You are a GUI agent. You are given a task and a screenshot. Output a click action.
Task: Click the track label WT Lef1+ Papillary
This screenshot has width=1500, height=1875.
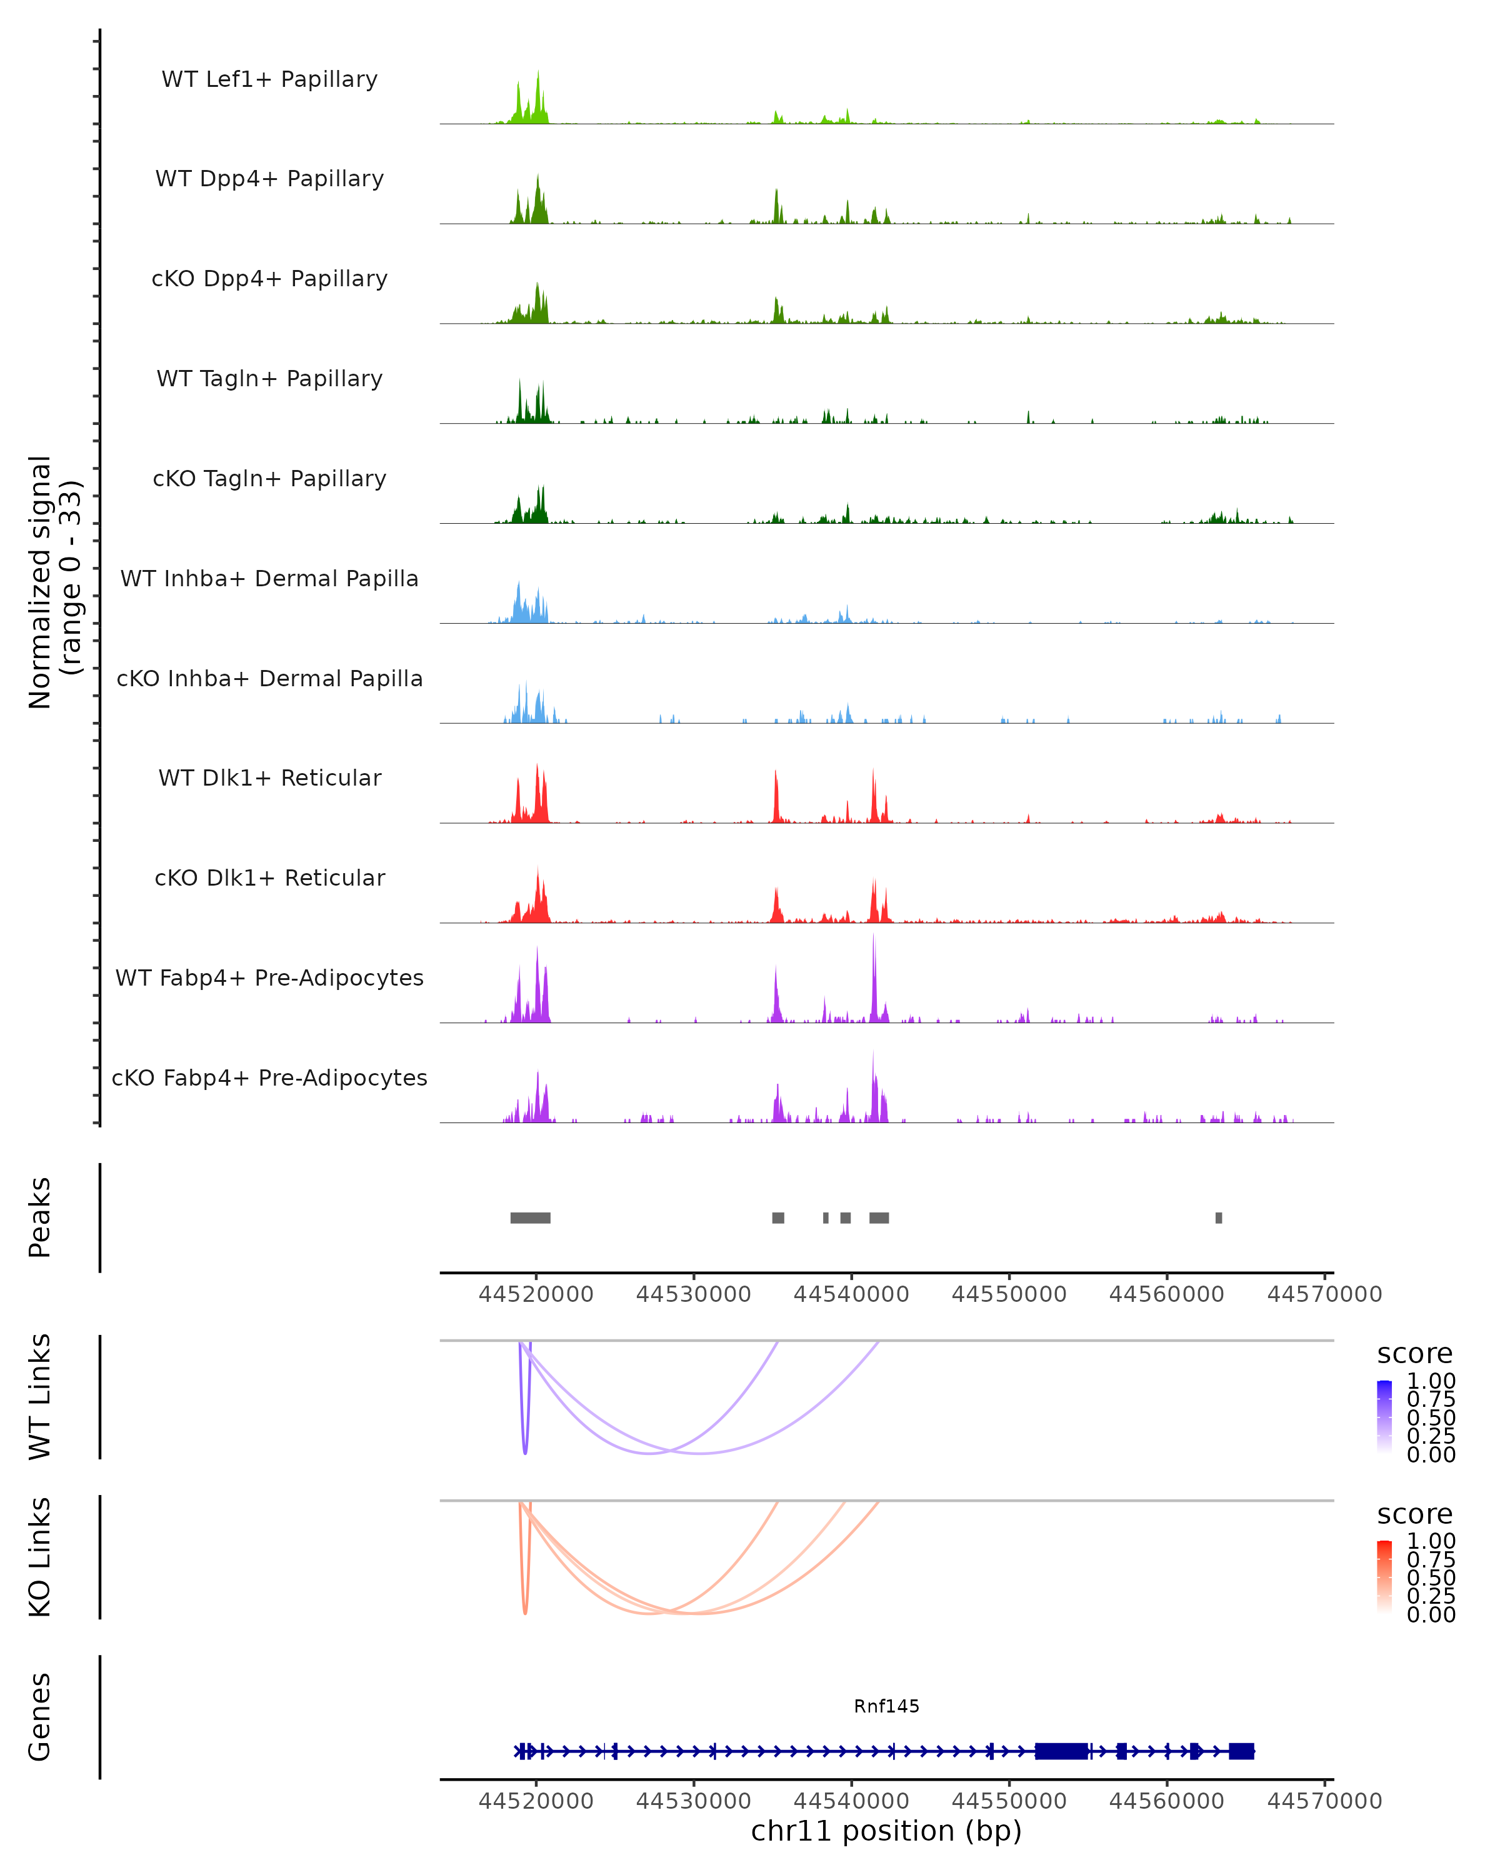[269, 79]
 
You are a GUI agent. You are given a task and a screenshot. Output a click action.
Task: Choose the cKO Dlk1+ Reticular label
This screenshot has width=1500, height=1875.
[269, 877]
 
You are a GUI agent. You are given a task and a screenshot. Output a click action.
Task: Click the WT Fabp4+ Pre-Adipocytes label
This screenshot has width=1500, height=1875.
[269, 977]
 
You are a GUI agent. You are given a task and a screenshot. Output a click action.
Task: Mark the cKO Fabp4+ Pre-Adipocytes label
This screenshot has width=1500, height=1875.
[269, 1077]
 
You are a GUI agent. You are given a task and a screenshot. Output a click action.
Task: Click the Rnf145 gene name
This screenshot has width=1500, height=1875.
[886, 1706]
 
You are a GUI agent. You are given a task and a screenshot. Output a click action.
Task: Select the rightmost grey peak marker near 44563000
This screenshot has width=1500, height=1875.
[1218, 1217]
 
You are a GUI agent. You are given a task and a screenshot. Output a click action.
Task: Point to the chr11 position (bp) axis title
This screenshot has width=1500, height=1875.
[886, 1831]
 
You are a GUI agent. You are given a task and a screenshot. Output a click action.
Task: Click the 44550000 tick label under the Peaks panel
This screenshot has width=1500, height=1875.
[1009, 1294]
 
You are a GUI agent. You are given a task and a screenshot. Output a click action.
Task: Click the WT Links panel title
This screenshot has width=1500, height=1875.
[40, 1397]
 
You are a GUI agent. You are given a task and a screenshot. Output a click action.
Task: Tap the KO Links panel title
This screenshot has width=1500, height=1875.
[40, 1557]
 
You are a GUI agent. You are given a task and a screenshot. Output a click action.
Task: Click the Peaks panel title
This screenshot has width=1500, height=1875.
[40, 1217]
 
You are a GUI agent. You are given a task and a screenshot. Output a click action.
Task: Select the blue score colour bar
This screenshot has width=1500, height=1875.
[1384, 1417]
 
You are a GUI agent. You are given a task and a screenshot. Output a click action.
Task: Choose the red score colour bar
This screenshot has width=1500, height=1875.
[1384, 1577]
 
